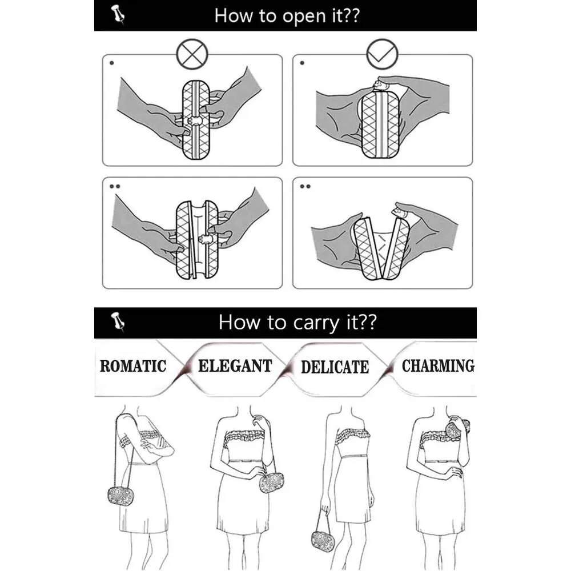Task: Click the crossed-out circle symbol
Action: click(192, 54)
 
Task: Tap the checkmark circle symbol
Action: click(382, 54)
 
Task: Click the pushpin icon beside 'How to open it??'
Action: click(118, 14)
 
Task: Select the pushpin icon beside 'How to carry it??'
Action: click(118, 321)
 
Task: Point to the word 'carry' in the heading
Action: click(316, 323)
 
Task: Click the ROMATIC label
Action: click(133, 366)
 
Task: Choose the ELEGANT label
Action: click(235, 366)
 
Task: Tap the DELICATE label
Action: click(335, 367)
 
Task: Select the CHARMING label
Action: click(438, 365)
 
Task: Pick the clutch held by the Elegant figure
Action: click(271, 482)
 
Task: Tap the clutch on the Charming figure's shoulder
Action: click(457, 429)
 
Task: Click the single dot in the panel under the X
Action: click(112, 63)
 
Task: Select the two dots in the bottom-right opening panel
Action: click(305, 187)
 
